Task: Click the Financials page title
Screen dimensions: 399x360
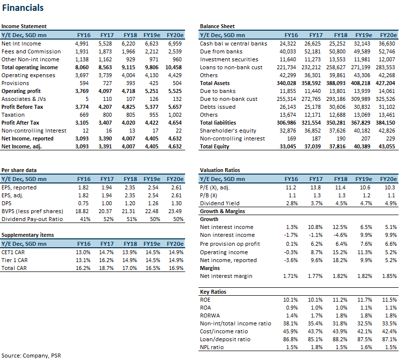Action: click(23, 8)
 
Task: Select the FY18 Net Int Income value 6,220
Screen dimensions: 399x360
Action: click(128, 44)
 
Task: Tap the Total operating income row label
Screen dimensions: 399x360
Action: click(30, 67)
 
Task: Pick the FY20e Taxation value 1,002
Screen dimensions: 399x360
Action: click(175, 115)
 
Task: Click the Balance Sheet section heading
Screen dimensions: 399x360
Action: click(217, 26)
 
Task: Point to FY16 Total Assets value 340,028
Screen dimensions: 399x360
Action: click(286, 83)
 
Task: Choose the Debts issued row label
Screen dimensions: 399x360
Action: click(217, 107)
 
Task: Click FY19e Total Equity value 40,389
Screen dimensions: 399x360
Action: click(362, 146)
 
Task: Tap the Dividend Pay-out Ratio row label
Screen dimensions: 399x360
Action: click(32, 219)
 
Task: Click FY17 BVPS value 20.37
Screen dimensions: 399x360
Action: click(105, 211)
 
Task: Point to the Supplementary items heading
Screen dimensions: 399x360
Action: click(28, 235)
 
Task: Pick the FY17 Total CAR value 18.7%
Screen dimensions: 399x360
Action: click(106, 268)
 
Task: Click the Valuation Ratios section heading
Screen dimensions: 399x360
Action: click(220, 170)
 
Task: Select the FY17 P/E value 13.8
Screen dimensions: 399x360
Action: click(315, 187)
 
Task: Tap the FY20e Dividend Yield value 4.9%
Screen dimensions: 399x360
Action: click(391, 203)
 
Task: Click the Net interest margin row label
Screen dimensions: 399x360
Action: click(226, 276)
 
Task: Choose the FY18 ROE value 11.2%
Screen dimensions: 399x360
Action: click(340, 300)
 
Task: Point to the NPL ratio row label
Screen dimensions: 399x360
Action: click(212, 347)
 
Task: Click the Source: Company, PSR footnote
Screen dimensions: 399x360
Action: click(31, 356)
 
